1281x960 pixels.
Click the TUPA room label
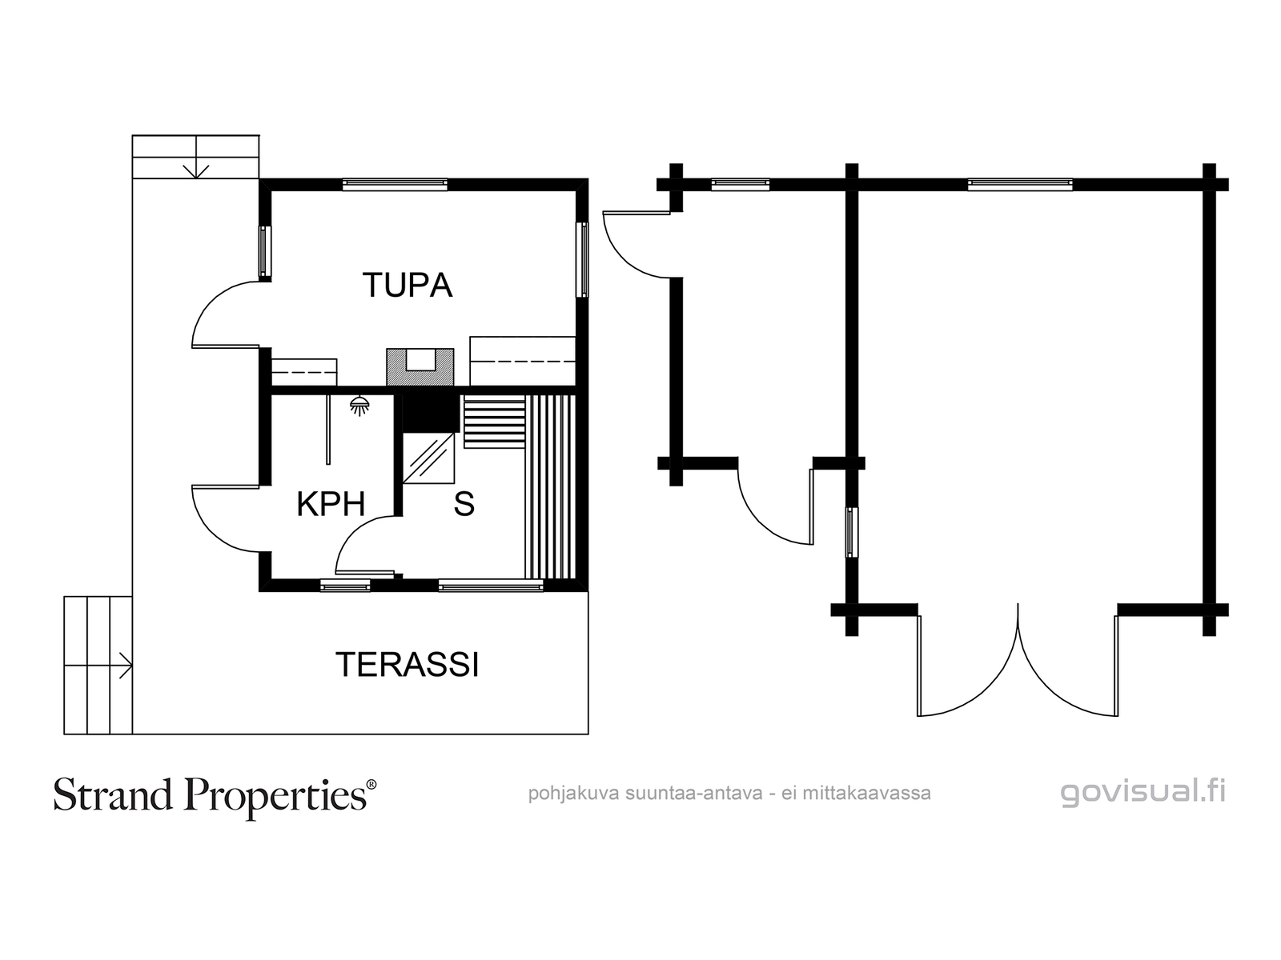408,285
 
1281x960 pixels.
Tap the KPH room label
331,504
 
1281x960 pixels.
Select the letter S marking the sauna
464,504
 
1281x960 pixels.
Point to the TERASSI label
407,665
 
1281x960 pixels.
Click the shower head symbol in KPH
359,406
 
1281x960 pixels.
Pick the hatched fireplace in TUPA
420,367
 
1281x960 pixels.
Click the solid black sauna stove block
428,414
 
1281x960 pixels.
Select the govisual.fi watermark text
1143,794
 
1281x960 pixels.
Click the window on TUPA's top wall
395,184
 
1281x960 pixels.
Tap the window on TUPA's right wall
582,259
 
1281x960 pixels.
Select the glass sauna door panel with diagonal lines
429,458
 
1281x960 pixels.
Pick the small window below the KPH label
346,586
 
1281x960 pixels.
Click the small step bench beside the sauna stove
494,422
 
